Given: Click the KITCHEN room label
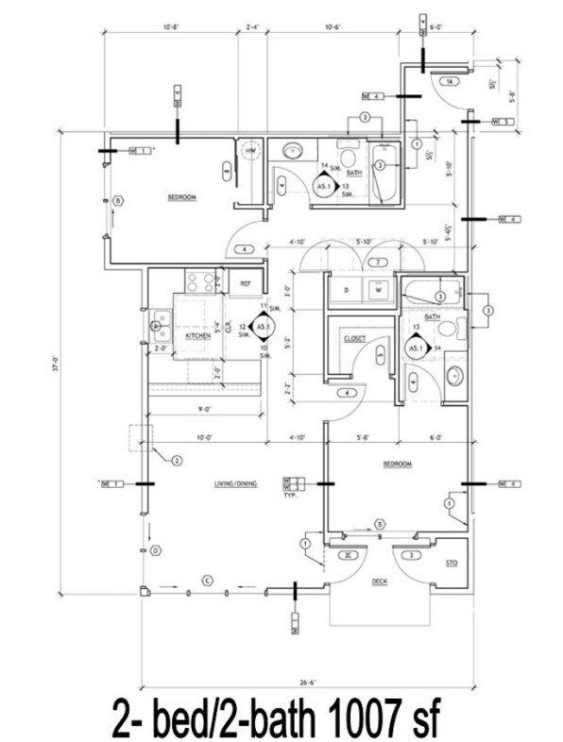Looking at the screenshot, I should point(196,335).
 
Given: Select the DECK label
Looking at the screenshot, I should point(380,581).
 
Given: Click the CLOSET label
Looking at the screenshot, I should point(354,337).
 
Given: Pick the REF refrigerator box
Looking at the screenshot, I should point(245,283).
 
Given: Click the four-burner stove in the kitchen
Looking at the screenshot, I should point(199,280).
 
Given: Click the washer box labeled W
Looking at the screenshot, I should point(378,289).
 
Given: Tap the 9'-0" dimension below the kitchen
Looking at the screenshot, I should point(204,409).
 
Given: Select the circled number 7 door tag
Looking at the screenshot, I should point(376,261).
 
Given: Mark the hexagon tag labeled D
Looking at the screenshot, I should point(153,549).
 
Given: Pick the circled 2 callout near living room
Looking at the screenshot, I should point(176,461).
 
